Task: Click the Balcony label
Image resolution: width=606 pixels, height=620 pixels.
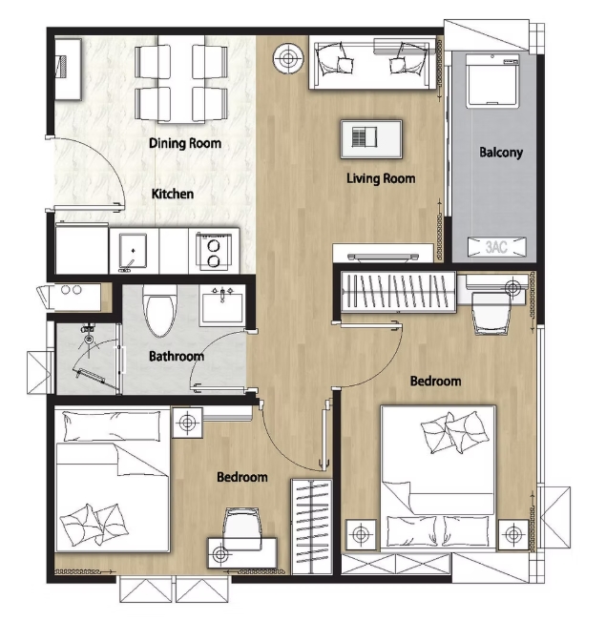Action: click(501, 153)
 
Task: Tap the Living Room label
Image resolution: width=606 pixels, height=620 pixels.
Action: click(381, 178)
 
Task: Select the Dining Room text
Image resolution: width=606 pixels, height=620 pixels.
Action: click(185, 144)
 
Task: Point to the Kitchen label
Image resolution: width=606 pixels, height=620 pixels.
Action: click(173, 195)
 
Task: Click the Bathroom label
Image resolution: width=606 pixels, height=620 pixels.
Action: click(177, 357)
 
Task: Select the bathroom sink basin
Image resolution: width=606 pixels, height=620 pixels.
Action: click(223, 307)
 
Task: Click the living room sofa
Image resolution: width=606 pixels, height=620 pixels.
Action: click(375, 63)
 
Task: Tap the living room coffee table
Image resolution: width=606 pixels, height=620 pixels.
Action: click(371, 138)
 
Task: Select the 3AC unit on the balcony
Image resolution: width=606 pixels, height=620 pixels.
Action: click(493, 247)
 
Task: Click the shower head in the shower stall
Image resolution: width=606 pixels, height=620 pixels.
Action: click(88, 337)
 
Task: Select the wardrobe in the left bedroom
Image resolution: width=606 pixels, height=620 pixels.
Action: click(311, 526)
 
